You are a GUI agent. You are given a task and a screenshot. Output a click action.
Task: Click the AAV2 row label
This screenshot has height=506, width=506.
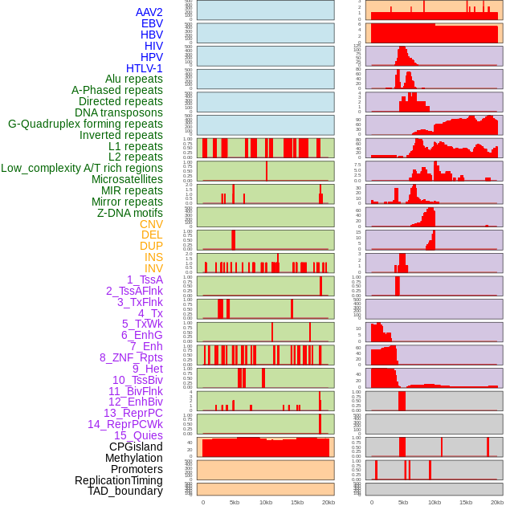(149, 12)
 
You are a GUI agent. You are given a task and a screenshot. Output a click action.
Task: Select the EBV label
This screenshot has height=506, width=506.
(152, 23)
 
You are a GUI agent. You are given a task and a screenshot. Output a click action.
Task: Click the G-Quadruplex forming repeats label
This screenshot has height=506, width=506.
(85, 124)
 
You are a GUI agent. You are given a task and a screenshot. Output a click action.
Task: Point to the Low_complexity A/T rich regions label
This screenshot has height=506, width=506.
(82, 168)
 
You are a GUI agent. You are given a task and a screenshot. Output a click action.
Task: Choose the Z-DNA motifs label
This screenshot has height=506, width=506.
(129, 213)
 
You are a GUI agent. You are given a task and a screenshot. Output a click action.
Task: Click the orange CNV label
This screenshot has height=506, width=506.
(151, 224)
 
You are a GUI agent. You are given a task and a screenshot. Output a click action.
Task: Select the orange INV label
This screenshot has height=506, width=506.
(153, 268)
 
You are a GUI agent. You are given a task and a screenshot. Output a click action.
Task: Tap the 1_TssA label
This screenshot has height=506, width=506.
(145, 280)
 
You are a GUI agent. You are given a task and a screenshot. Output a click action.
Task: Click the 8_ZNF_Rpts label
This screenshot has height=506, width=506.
(131, 357)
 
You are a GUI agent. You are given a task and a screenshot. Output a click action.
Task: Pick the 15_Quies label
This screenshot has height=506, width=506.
(138, 435)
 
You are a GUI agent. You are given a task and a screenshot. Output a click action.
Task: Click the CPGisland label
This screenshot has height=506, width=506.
(136, 447)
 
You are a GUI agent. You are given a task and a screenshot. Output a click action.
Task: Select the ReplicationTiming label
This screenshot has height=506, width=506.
(119, 480)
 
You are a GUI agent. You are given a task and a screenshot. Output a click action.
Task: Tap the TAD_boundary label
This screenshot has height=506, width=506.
(125, 491)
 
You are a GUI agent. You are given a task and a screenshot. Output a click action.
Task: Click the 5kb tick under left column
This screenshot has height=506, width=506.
(235, 502)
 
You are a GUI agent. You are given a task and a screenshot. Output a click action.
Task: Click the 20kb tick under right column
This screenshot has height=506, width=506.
(497, 502)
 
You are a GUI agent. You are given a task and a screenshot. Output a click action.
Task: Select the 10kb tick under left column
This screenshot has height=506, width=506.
(266, 502)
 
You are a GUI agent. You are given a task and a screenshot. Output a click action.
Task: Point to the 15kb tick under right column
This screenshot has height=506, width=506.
(466, 502)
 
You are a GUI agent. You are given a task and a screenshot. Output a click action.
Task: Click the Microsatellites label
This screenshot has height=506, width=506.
(127, 179)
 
